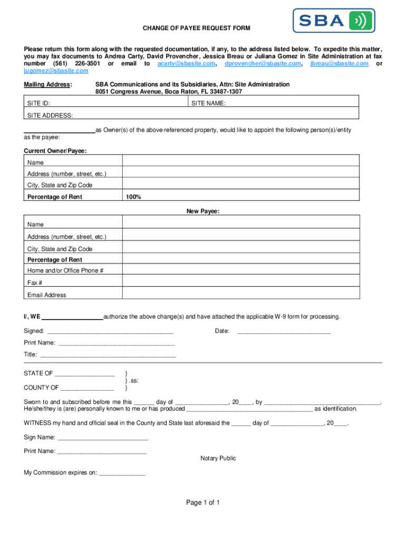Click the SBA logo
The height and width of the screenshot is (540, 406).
click(334, 21)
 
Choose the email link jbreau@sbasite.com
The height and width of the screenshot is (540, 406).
click(339, 63)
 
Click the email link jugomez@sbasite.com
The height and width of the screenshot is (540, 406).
click(56, 71)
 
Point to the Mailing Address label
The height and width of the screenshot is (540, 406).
click(48, 84)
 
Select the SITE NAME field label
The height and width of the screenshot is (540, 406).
click(209, 104)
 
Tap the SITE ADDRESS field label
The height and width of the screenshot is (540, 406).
click(50, 115)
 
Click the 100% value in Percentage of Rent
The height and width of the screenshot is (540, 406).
click(133, 197)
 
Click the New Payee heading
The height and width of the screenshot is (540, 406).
click(202, 211)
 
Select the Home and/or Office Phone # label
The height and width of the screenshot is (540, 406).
click(65, 271)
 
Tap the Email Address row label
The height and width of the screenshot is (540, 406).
click(47, 295)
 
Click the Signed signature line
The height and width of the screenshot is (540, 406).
click(110, 332)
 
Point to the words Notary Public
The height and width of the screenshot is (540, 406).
click(218, 458)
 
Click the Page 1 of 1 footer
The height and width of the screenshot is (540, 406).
click(202, 503)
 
